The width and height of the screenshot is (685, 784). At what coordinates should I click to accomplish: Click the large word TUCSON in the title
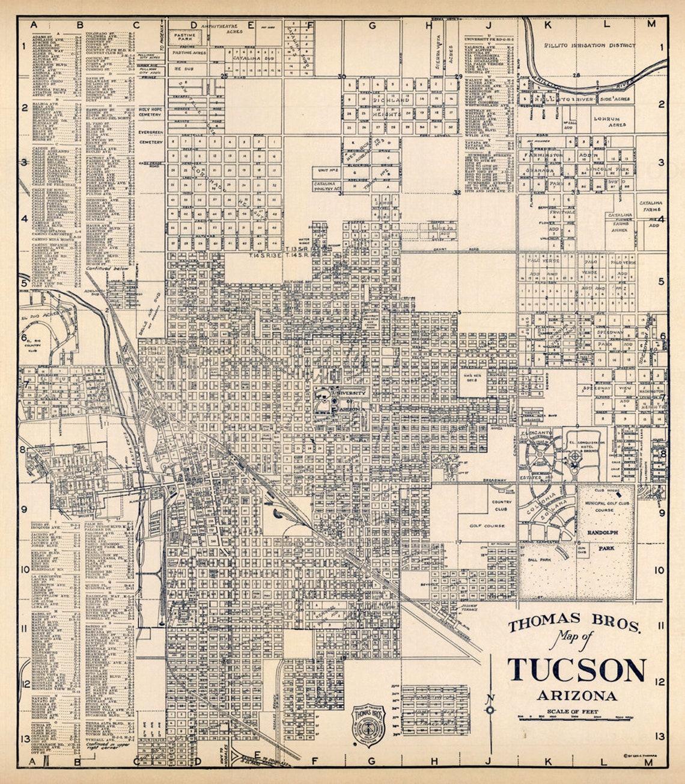click(x=576, y=670)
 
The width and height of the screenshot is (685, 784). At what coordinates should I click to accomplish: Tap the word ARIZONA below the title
click(x=576, y=696)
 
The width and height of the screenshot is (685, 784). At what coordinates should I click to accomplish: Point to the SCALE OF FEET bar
click(x=576, y=717)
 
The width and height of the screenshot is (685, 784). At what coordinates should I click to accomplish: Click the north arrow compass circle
click(x=490, y=710)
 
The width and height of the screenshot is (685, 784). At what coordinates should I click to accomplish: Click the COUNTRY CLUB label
click(x=501, y=504)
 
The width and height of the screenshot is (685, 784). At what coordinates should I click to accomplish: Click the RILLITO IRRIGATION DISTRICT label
click(x=589, y=44)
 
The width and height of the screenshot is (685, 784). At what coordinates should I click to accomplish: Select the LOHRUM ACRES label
click(x=610, y=122)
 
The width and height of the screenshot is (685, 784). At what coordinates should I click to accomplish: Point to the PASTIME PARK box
click(x=187, y=37)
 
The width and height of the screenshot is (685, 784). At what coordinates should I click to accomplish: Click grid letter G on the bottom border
click(x=371, y=761)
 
